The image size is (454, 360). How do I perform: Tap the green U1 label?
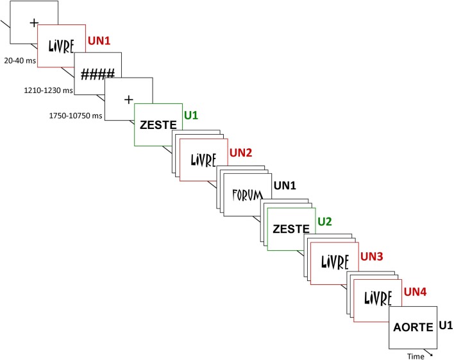click(x=190, y=116)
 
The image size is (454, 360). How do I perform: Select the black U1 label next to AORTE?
click(x=446, y=325)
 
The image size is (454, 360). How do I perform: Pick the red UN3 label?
click(x=372, y=256)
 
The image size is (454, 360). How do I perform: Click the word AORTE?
click(x=414, y=327)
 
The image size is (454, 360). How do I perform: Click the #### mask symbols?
click(x=97, y=74)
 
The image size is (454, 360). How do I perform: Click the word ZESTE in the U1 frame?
click(x=157, y=124)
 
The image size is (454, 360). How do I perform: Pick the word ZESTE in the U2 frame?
click(x=291, y=230)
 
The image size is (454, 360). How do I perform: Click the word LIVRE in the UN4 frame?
click(x=378, y=299)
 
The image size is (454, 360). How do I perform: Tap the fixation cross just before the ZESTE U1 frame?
click(x=128, y=99)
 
